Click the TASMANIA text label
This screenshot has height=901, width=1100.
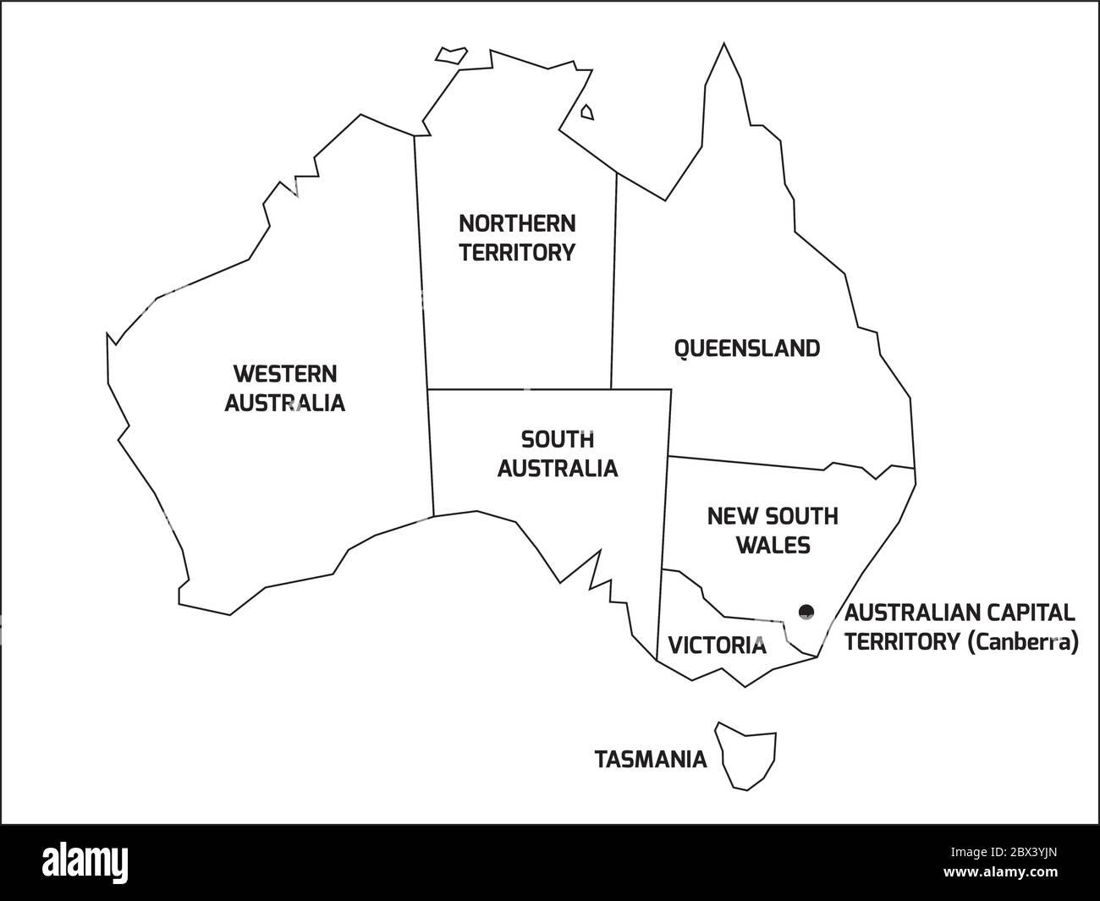pos(651,760)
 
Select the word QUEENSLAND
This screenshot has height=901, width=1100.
pos(746,349)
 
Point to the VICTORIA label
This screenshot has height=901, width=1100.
pos(717,646)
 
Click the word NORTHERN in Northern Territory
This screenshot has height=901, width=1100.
pos(517,223)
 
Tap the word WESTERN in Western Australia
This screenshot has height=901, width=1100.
pos(285,373)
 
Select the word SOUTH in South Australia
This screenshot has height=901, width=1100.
pos(557,440)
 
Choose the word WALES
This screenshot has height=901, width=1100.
pos(773,545)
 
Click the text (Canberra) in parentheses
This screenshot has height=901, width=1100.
pos(1023,642)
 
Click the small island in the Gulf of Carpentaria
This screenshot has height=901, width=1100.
pos(586,112)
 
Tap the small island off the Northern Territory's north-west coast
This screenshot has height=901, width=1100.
pos(451,54)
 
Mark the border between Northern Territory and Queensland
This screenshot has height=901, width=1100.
pos(613,279)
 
